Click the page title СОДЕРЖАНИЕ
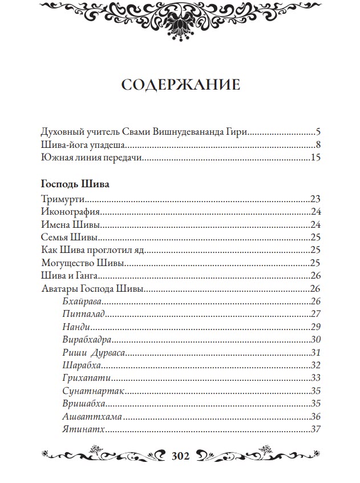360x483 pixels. pos(180,86)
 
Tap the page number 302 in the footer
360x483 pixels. pos(180,456)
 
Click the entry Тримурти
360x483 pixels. pos(63,199)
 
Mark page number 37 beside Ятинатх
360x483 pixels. pos(317,429)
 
